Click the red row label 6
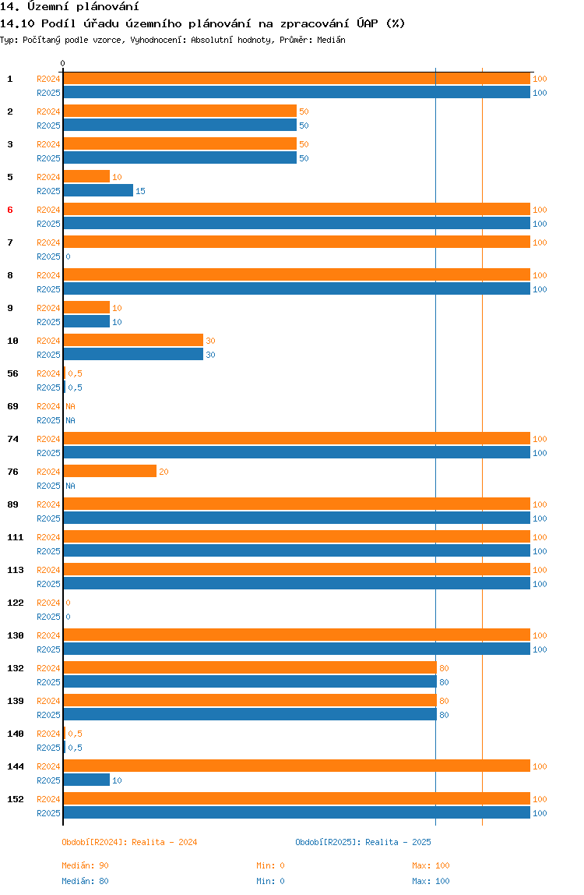click(10, 210)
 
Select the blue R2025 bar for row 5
click(98, 191)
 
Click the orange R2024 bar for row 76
click(110, 472)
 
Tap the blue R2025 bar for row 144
click(86, 780)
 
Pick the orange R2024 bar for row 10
click(133, 341)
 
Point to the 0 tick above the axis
click(63, 63)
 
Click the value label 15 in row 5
click(140, 191)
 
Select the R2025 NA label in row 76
click(70, 486)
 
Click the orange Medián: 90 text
click(85, 865)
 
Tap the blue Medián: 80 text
click(85, 881)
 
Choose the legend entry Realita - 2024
click(129, 842)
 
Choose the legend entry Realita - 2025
click(363, 842)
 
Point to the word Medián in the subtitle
click(332, 40)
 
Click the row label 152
click(16, 799)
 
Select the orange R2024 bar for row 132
click(249, 668)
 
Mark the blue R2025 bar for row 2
click(180, 126)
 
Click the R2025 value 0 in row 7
click(68, 256)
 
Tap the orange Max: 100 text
click(431, 865)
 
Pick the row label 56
click(13, 373)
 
